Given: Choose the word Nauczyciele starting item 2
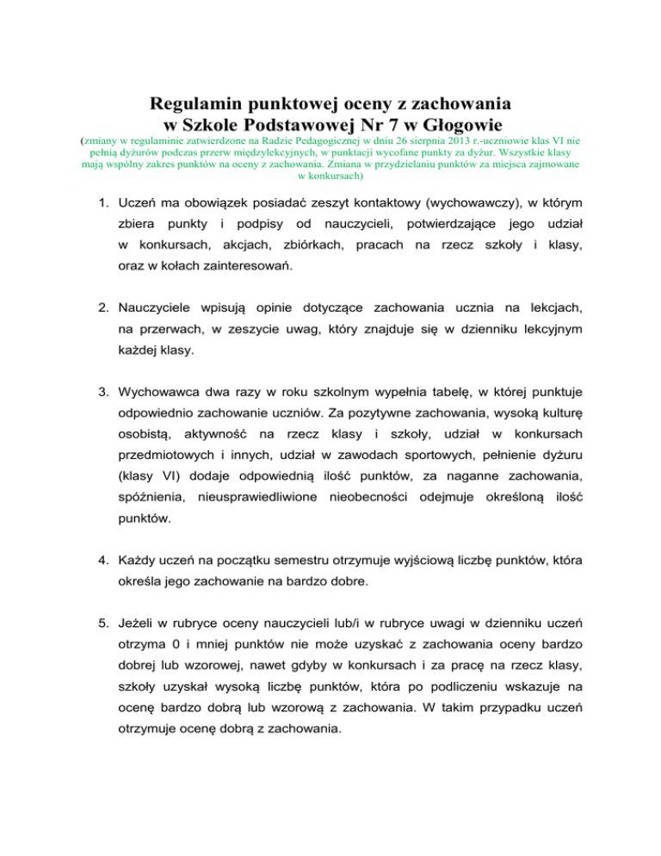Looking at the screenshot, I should (x=164, y=308).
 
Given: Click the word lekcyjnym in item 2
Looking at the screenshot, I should (x=535, y=330).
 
